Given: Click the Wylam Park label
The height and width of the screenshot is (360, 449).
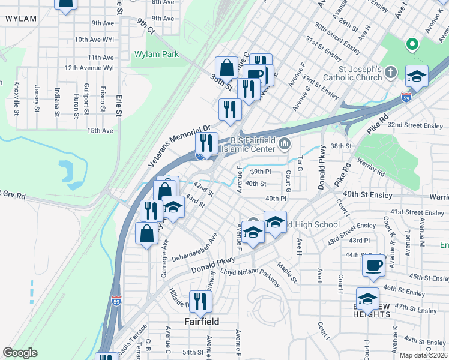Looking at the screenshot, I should click(155, 54).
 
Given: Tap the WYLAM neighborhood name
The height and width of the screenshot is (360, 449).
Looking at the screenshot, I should click(20, 19).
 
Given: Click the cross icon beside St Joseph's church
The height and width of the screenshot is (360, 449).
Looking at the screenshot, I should click(391, 73).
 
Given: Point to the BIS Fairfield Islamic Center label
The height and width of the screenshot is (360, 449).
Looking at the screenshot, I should click(249, 144).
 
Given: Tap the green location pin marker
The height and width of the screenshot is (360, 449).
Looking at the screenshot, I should click(412, 44).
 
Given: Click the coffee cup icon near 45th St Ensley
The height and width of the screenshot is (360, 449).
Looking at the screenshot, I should click(373, 265).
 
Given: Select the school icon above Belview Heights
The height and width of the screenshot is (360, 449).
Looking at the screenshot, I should click(367, 298).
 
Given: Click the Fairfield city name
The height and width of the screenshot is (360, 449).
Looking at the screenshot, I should click(200, 322).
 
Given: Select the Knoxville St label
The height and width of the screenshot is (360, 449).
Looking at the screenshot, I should click(17, 98).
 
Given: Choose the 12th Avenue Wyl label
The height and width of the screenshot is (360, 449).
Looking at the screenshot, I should click(89, 68).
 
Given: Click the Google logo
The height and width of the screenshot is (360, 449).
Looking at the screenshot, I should click(20, 353).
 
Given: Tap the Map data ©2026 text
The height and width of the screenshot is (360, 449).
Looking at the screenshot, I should click(424, 355).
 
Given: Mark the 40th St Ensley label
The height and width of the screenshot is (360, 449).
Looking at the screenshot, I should click(368, 195).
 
